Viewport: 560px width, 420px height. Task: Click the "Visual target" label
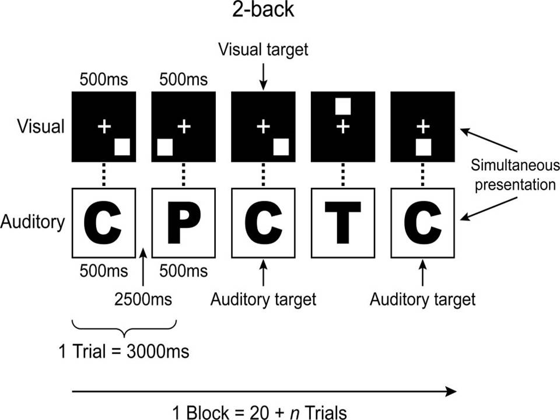tap(262, 50)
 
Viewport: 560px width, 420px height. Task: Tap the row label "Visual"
tap(40, 127)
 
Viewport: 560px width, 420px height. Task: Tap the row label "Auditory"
tap(33, 222)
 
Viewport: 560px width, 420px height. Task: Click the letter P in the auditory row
tap(183, 223)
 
